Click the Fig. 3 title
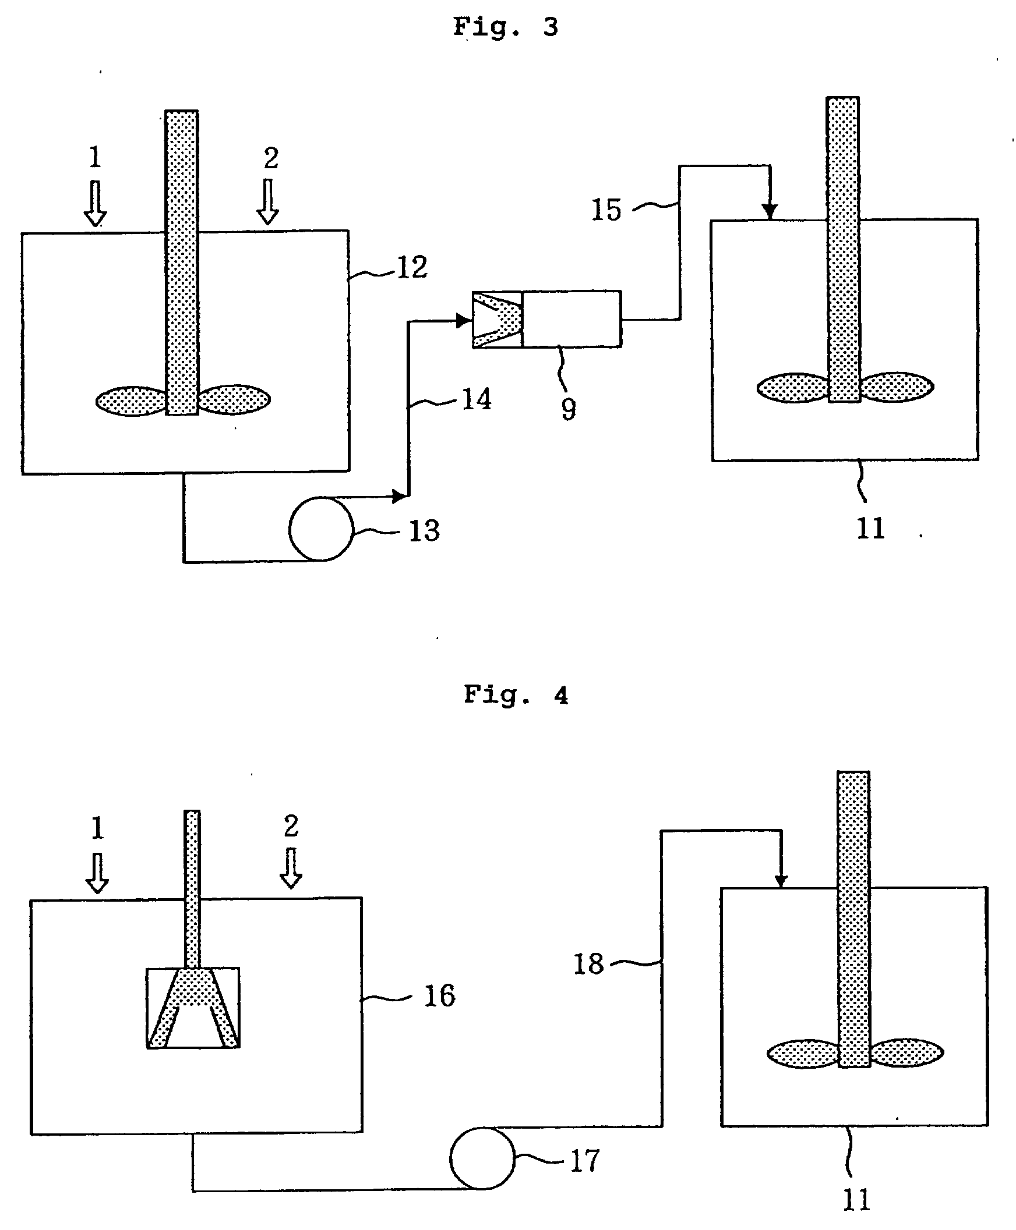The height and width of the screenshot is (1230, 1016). (505, 27)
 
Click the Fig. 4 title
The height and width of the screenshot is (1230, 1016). (516, 696)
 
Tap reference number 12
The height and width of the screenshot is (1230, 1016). (412, 268)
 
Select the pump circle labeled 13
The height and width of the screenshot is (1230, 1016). (321, 529)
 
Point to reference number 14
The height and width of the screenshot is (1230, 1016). (477, 400)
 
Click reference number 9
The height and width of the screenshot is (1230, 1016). (568, 409)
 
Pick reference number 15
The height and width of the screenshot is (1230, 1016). (606, 210)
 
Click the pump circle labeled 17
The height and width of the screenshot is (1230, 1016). (482, 1158)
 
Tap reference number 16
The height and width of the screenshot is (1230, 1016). (439, 996)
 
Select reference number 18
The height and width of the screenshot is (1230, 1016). (588, 964)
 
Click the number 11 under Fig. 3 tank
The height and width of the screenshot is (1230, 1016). (870, 529)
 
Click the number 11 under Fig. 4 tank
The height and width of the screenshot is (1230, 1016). (856, 1200)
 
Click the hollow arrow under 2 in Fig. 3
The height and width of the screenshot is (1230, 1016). (268, 202)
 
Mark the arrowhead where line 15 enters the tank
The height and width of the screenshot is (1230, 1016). (770, 210)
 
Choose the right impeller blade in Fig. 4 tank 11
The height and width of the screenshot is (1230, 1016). (906, 1054)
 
